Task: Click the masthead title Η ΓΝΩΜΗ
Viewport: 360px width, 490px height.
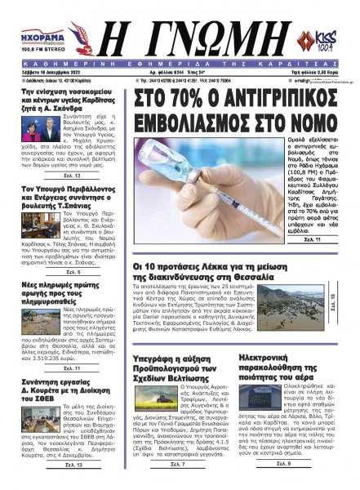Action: pyautogui.click(x=180, y=35)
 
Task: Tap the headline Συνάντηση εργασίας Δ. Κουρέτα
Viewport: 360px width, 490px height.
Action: pyautogui.click(x=54, y=395)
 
